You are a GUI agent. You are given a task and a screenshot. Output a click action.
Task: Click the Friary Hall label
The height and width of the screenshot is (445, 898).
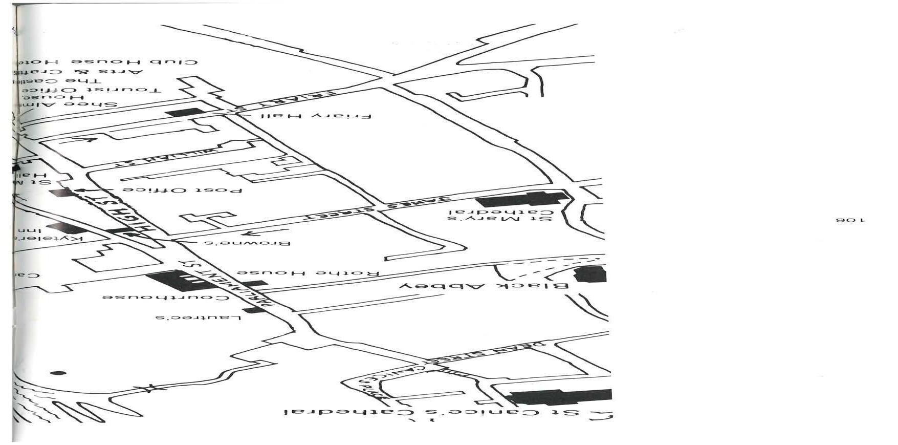[316, 116]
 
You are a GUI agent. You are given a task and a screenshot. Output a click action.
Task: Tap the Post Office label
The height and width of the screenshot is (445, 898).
[182, 190]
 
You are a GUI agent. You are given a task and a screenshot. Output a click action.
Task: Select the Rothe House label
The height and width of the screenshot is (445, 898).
[307, 273]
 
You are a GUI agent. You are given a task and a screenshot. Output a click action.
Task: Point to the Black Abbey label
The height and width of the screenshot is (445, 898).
[484, 286]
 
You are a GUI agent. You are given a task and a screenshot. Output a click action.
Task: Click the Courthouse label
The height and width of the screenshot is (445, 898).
[166, 297]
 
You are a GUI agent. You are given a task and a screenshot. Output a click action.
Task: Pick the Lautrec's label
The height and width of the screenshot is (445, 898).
[198, 317]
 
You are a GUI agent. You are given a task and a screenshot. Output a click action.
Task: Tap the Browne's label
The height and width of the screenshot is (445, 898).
[248, 243]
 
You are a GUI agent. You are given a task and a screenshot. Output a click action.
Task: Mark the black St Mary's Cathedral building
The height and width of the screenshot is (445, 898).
[522, 199]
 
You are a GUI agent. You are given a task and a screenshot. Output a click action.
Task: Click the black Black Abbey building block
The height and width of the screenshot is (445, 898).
[590, 274]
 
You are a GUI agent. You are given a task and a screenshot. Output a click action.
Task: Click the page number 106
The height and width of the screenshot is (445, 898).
[850, 220]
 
